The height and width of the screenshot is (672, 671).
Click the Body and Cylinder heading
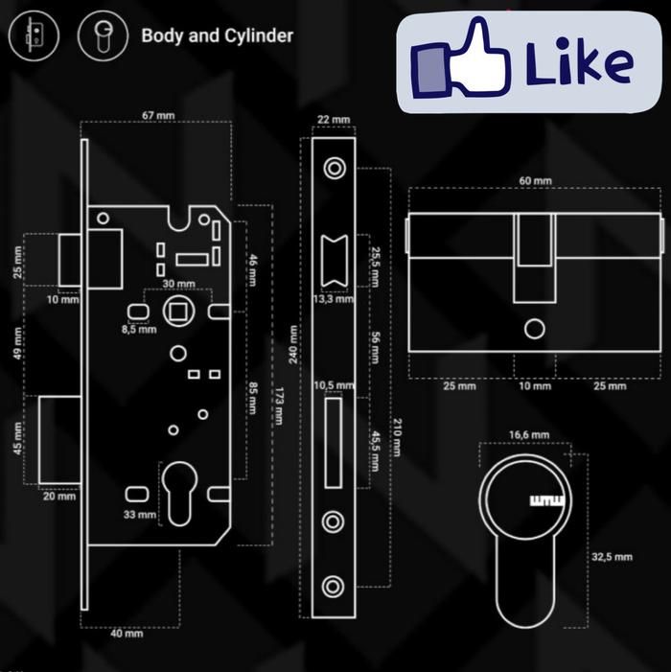217,36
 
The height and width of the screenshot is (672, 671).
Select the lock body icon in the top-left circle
34,36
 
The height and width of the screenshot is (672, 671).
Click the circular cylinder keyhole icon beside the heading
102,36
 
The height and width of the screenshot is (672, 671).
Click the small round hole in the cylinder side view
534,329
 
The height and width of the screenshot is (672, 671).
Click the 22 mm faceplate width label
334,119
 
